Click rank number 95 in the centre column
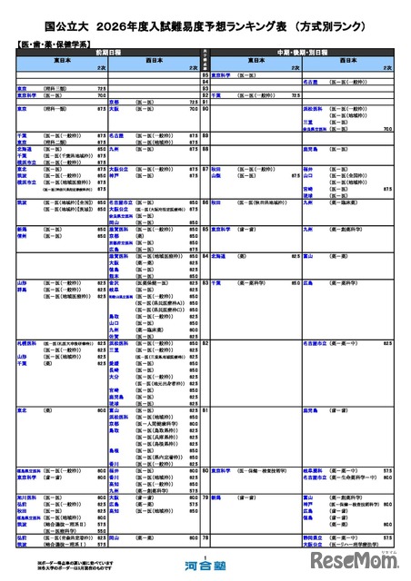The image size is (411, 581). click(x=205, y=72)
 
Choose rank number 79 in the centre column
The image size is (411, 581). click(x=205, y=497)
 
